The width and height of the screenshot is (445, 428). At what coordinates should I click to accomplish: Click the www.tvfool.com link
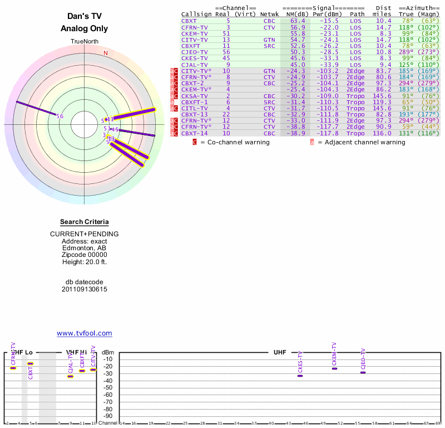pos(85,333)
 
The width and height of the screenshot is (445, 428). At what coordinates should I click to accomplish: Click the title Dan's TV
pos(85,17)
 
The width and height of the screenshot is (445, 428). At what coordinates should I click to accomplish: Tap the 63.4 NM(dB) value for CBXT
pos(295,21)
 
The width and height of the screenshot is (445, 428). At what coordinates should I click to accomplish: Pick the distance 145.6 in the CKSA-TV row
pos(382,96)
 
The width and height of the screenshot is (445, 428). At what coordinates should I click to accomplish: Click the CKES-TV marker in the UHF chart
pos(300,376)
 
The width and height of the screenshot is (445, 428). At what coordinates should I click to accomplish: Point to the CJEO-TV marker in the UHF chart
pos(363,372)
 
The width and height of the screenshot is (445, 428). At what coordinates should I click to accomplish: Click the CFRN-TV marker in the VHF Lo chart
pos(13,368)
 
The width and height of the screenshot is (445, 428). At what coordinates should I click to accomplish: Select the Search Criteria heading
pos(85,222)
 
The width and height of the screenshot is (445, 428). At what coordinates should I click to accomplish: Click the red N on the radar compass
pos(106,53)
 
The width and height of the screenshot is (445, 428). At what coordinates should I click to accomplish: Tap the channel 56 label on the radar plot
pos(60,116)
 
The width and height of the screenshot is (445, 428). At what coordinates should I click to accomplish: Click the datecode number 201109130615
pos(85,289)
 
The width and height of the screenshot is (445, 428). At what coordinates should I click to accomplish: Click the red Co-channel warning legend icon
pos(195,142)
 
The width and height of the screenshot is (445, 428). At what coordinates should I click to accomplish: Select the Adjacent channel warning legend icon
pos(312,142)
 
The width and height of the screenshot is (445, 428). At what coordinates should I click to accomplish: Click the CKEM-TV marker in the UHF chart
pos(334,368)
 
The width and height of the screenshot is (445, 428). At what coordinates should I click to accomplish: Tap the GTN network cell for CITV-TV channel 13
pos(269,40)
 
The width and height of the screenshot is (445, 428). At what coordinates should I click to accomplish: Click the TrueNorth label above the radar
pos(85,42)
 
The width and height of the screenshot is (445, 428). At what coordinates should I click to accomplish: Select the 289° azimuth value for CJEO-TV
pos(406,52)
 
